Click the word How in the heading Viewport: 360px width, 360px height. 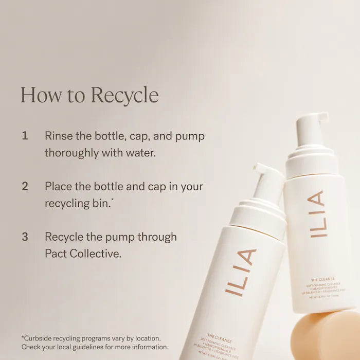(35, 95)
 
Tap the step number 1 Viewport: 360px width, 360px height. (25, 136)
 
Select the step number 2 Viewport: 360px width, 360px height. (25, 186)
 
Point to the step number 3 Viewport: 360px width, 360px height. (25, 237)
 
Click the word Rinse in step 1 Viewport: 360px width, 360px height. (59, 136)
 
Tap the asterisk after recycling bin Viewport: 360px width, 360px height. (113, 200)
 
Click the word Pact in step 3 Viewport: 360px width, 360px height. (57, 254)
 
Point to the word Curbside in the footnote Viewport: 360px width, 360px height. (42, 338)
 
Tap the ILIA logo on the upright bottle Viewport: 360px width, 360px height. (317, 214)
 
